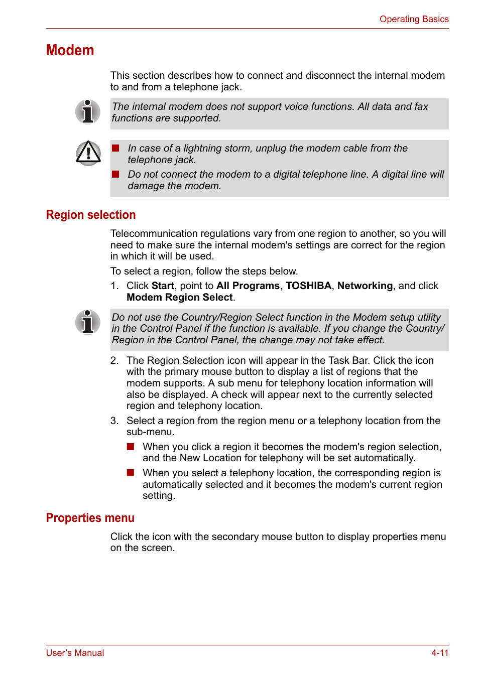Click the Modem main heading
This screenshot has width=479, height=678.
[x=70, y=50]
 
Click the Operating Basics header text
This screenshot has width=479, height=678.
[x=414, y=19]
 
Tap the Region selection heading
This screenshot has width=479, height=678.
[x=91, y=215]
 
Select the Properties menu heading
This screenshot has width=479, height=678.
[x=90, y=518]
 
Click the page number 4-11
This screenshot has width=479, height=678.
[x=439, y=653]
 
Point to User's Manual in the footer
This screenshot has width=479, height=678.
[x=75, y=653]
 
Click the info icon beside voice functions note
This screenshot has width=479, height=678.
[x=88, y=111]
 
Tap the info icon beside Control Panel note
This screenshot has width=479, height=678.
[x=88, y=322]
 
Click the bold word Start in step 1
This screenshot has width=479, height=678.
[x=163, y=286]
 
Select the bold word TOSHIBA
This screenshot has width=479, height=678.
[x=308, y=286]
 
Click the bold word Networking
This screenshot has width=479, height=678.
[x=365, y=286]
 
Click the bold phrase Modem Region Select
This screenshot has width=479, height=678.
[x=180, y=297]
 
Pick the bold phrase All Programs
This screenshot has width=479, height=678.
[x=248, y=286]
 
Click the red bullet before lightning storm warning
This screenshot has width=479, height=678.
[x=115, y=148]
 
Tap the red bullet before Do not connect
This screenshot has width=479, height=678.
[x=115, y=174]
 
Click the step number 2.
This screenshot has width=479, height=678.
[x=114, y=360]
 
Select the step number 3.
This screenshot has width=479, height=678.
[x=114, y=421]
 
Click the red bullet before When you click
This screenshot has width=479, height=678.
[x=131, y=447]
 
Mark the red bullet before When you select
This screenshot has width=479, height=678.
[x=131, y=473]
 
